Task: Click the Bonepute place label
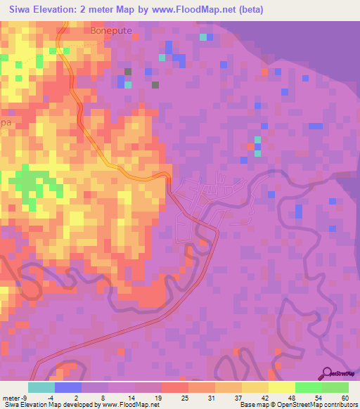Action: pyautogui.click(x=111, y=32)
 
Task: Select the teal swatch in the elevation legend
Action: pyautogui.click(x=41, y=387)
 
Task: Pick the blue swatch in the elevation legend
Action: pyautogui.click(x=68, y=387)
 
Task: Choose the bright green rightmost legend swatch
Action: pyautogui.click(x=335, y=387)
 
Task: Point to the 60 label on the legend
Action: pyautogui.click(x=345, y=398)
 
